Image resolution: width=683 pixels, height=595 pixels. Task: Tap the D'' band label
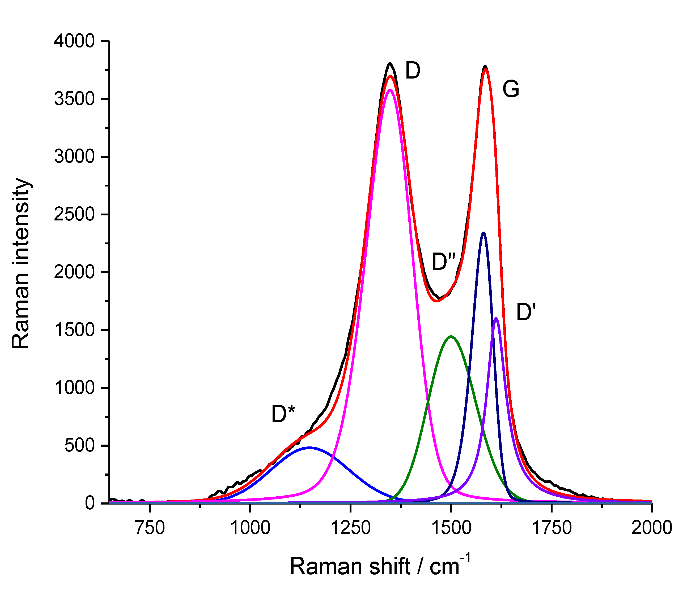444,262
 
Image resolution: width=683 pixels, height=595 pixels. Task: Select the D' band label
526,312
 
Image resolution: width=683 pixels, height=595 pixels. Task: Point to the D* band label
283,414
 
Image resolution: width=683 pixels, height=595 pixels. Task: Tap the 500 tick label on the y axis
80,446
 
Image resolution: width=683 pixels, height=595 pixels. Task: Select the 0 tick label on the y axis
90,503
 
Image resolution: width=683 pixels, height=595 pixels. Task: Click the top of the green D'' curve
451,336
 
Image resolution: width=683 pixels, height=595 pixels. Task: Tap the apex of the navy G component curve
483,233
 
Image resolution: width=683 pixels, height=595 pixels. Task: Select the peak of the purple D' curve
496,318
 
